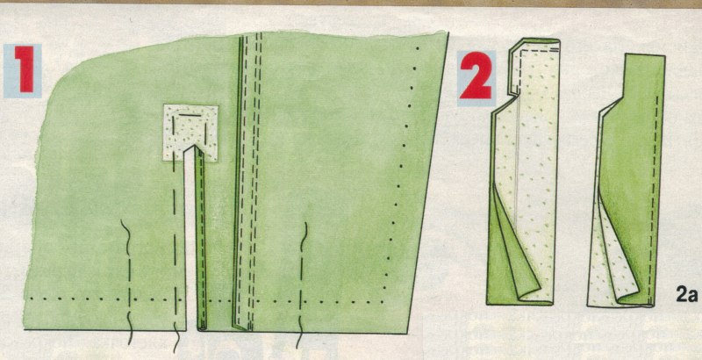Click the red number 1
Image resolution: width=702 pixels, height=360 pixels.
pyautogui.click(x=24, y=70)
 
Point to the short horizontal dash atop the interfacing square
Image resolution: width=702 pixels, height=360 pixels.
pyautogui.click(x=189, y=115)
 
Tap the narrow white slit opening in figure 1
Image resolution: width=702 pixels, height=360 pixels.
pyautogui.click(x=191, y=237)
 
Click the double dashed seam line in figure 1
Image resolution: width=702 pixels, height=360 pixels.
pyautogui.click(x=250, y=179)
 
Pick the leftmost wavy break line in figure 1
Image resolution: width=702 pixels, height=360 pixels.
pyautogui.click(x=128, y=282)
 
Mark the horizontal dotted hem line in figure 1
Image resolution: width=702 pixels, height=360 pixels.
pyautogui.click(x=206, y=299)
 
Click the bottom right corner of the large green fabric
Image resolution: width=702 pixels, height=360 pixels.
pyautogui.click(x=407, y=333)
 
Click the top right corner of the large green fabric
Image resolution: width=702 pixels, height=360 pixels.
pyautogui.click(x=448, y=32)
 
